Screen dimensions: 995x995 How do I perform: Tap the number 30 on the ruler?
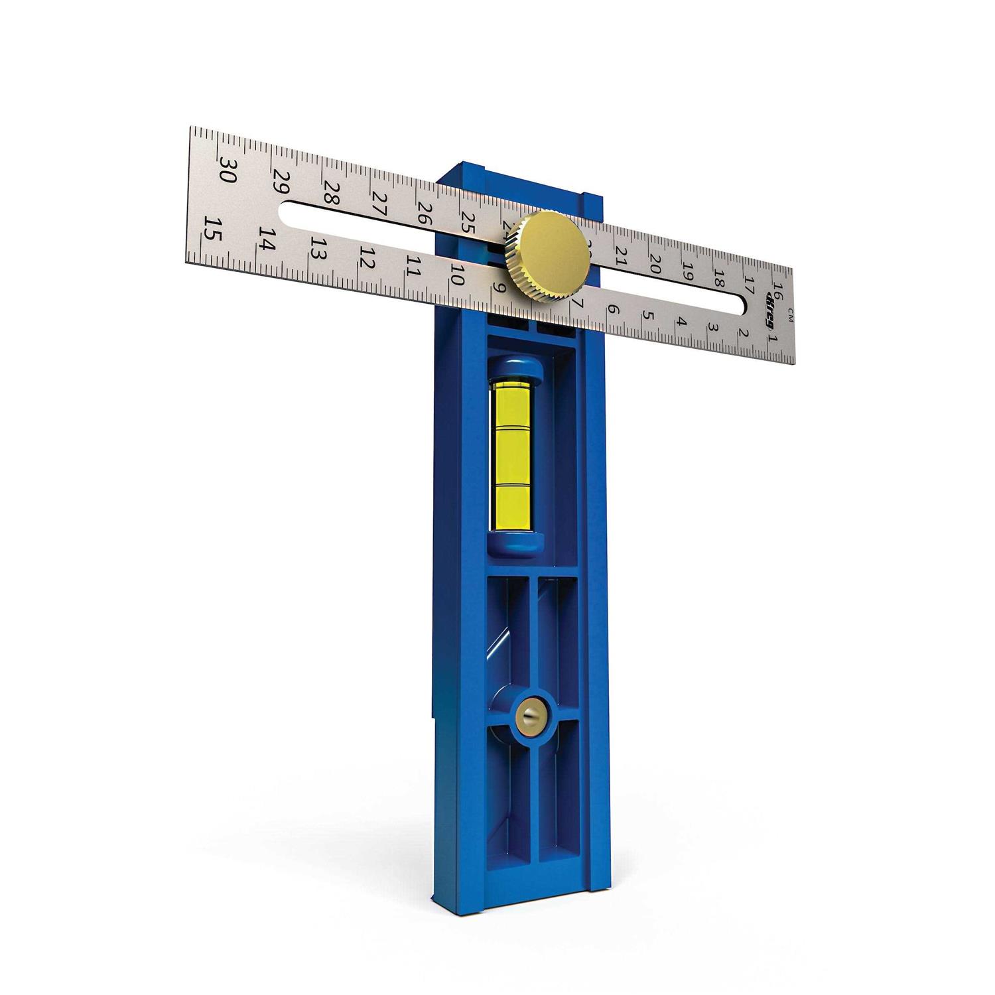(227, 170)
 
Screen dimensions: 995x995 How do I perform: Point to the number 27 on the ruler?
(379, 202)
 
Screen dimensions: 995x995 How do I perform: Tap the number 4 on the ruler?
(681, 322)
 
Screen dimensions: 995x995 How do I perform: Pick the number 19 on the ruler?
(688, 271)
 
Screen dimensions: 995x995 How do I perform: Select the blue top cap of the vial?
(516, 369)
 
